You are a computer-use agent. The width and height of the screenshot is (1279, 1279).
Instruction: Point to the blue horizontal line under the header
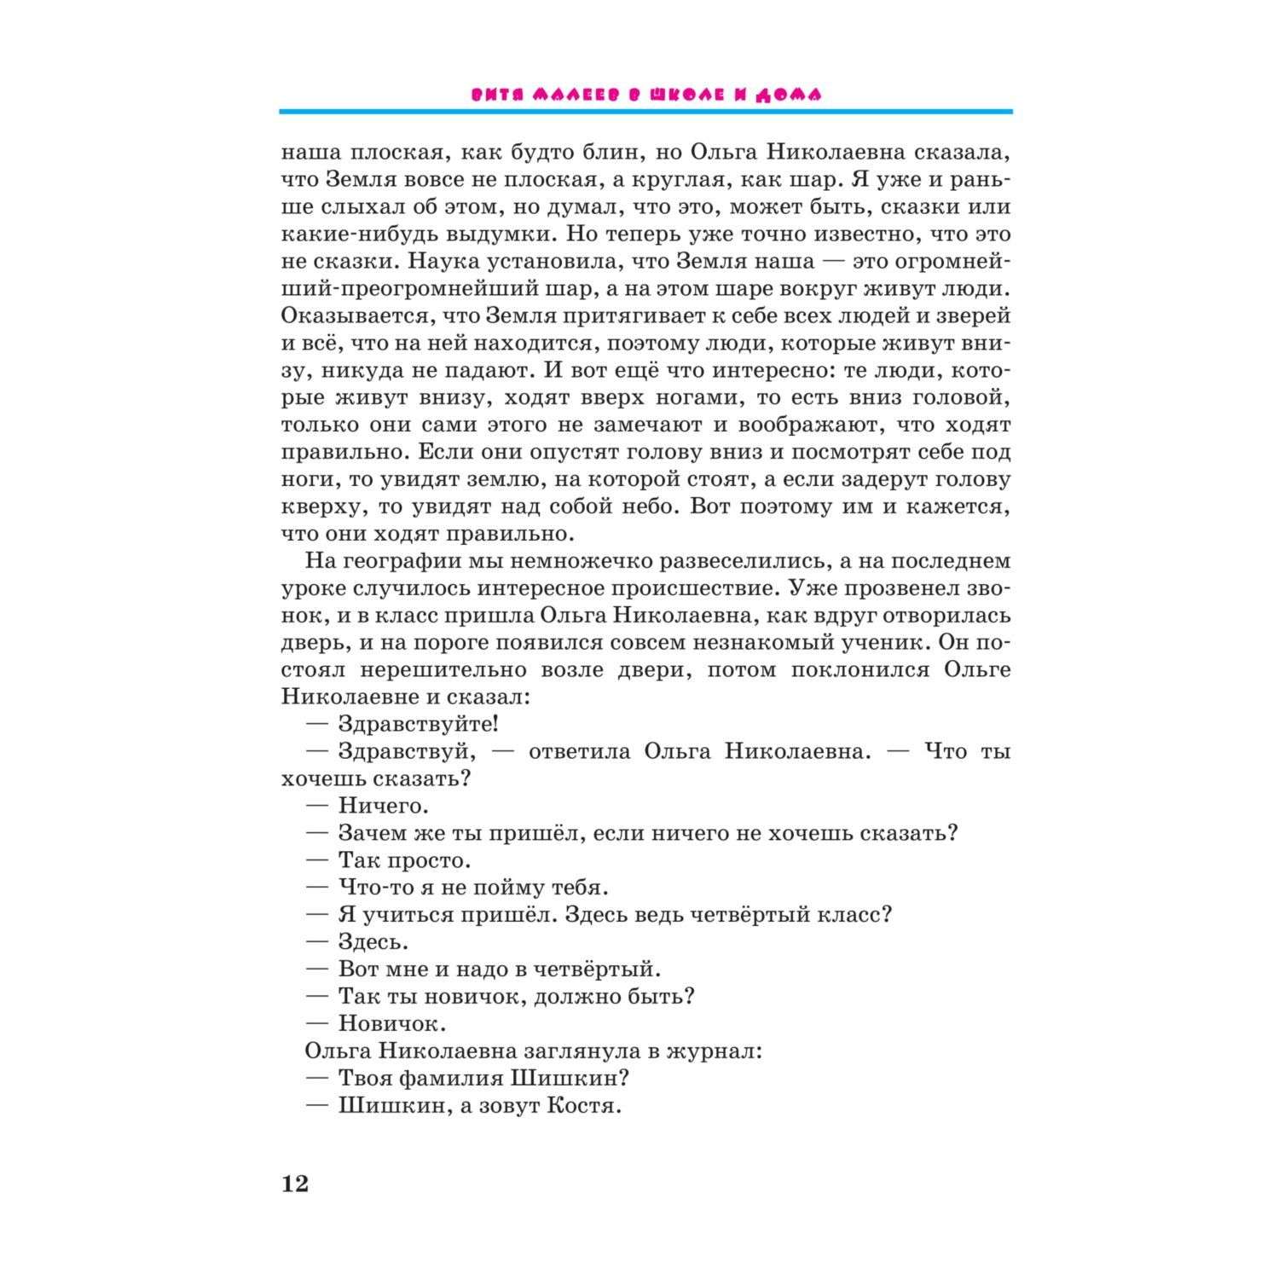pos(645,112)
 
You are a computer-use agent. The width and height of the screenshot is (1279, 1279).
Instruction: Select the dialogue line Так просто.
pos(404,860)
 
